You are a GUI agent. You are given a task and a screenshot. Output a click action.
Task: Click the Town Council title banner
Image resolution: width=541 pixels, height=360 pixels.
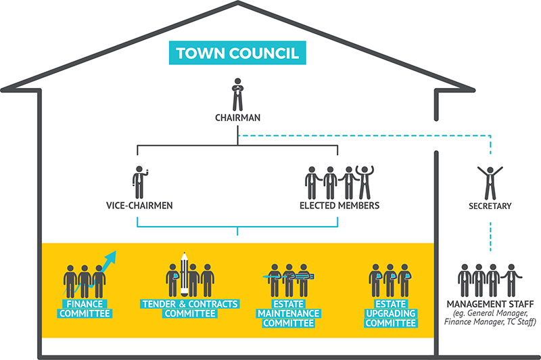(x=237, y=53)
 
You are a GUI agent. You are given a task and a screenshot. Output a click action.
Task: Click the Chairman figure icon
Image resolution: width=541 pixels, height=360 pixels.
(x=237, y=95)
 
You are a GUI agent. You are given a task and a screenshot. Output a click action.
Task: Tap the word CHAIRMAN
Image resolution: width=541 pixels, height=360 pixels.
(x=237, y=118)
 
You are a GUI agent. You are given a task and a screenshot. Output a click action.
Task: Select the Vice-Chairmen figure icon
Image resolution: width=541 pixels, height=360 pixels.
(x=139, y=182)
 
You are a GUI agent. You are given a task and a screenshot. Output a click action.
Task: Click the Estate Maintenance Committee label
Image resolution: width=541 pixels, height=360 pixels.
(x=288, y=314)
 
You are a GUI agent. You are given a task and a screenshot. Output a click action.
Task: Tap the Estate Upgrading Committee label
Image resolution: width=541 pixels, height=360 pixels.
(x=390, y=314)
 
